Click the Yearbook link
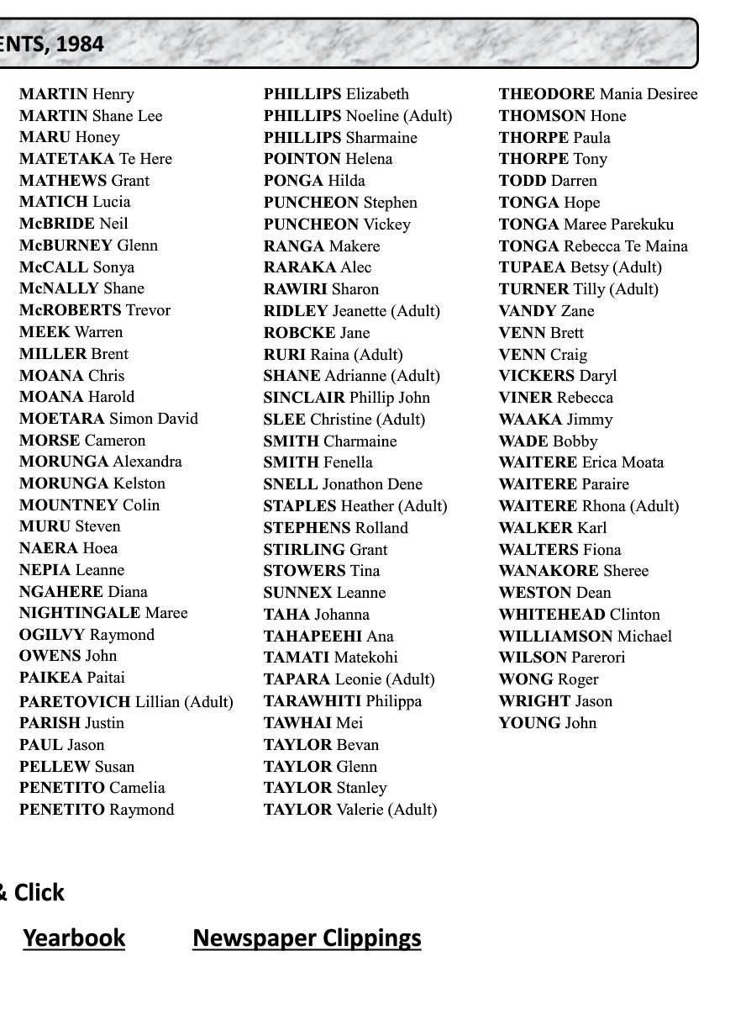[x=74, y=938]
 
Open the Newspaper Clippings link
[x=307, y=938]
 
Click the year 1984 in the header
[x=81, y=44]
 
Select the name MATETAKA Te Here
[x=96, y=159]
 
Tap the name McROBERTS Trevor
[x=95, y=310]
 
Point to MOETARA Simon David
[x=108, y=419]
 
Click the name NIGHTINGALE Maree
[x=103, y=613]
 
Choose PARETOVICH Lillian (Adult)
[x=126, y=701]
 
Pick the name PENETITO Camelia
[x=92, y=788]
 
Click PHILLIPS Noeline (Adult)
[x=358, y=116]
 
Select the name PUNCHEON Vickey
[x=337, y=225]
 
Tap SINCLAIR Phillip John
[x=347, y=398]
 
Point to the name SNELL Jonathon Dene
[x=343, y=484]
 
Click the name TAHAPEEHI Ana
[x=328, y=637]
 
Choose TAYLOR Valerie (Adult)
[x=350, y=810]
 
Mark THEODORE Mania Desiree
[x=598, y=94]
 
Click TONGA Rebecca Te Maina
[x=593, y=246]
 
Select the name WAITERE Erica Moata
[x=581, y=462]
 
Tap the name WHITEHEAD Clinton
[x=580, y=615]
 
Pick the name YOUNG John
[x=548, y=723]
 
